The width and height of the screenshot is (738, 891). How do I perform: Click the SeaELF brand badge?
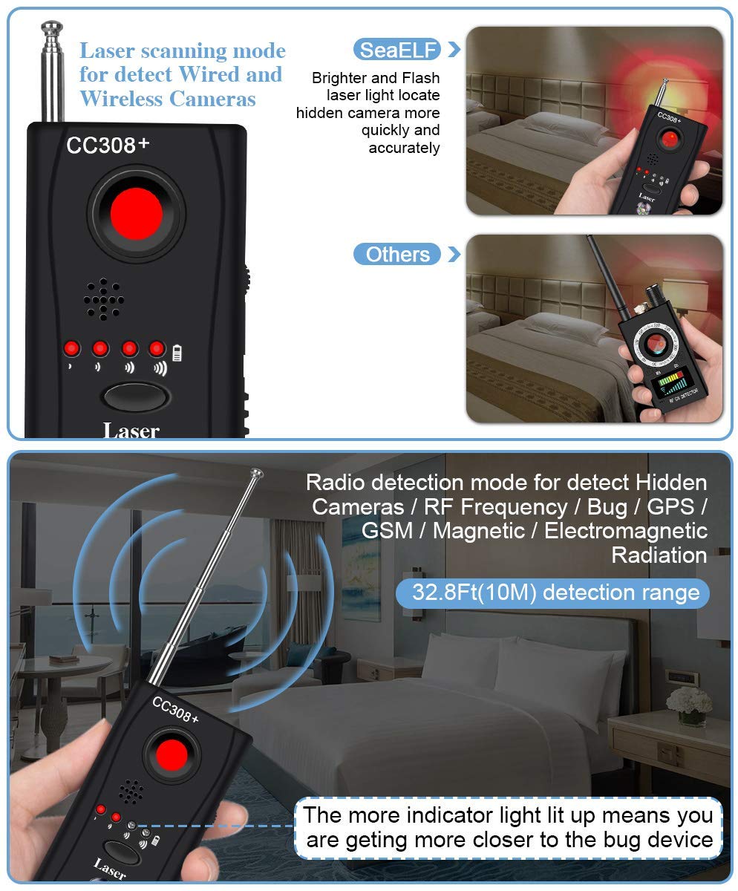point(396,50)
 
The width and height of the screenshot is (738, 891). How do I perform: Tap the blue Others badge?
point(396,255)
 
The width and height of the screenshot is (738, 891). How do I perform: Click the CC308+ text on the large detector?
point(108,145)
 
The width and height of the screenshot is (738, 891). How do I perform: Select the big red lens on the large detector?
point(136,213)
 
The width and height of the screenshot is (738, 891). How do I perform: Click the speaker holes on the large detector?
point(104,299)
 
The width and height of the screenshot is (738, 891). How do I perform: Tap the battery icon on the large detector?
point(177,353)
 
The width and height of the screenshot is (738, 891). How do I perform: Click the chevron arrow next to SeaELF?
point(454,50)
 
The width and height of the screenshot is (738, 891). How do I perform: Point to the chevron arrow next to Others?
point(454,255)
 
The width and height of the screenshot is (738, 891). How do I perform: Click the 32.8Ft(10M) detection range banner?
point(552,593)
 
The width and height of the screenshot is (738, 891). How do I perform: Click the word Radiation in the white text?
point(659,555)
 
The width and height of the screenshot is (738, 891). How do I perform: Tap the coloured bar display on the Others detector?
point(671,384)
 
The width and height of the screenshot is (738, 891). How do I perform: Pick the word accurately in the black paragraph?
point(404,148)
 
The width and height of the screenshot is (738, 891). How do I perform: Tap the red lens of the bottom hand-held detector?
point(172,755)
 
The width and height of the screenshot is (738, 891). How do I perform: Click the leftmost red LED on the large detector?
point(72,348)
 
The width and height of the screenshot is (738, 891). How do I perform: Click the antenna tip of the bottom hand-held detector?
point(257,472)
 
